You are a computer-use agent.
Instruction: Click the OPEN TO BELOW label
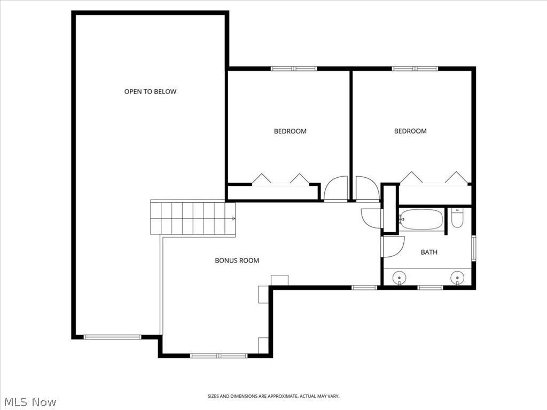tap(150, 92)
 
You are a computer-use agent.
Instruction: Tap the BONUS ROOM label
tap(237, 261)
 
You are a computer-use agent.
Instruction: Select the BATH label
tap(429, 252)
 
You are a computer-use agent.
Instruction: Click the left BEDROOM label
tap(290, 131)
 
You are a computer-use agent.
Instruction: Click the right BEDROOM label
tap(410, 131)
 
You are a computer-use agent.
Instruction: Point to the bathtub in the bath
tap(421, 219)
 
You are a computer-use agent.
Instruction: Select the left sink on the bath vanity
tap(399, 278)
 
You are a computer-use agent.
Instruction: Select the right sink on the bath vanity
tap(457, 278)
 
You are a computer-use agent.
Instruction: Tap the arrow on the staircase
tap(233, 218)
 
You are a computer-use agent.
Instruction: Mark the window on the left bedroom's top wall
tap(294, 69)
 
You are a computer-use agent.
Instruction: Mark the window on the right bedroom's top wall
tap(415, 69)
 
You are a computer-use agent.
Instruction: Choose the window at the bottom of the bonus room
tap(218, 356)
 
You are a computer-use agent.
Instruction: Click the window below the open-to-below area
tap(112, 337)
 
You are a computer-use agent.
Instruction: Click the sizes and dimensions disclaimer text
tap(273, 397)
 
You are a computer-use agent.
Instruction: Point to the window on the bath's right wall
tap(473, 248)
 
